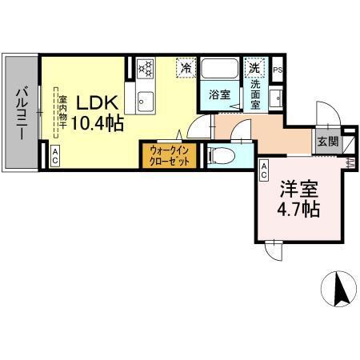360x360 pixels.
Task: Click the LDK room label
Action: (x=98, y=104)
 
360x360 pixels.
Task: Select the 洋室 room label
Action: (x=298, y=190)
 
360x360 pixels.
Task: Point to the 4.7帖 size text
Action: (x=298, y=210)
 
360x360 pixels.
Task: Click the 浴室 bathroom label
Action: (x=220, y=94)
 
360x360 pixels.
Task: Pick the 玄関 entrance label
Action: (x=327, y=141)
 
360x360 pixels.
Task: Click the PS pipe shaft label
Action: (x=278, y=70)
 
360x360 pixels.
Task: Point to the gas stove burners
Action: (x=146, y=69)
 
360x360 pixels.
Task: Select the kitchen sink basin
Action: (x=145, y=100)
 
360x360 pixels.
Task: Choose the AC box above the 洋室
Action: (x=264, y=167)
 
